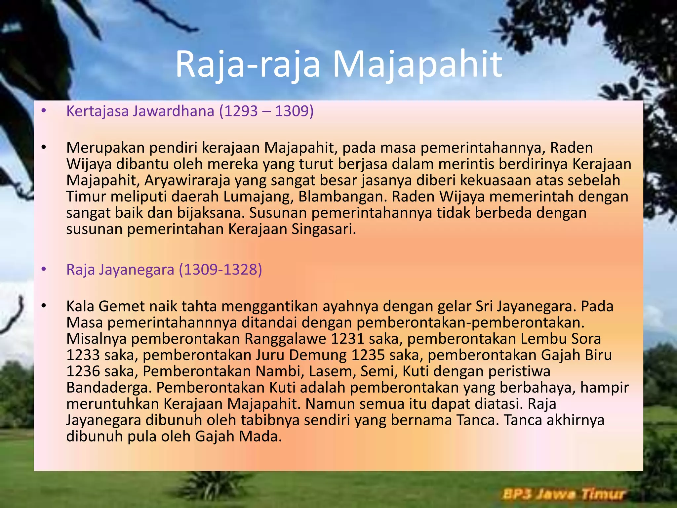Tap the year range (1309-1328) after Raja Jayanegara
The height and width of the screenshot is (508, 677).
[x=220, y=270]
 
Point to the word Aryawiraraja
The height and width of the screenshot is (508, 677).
[x=187, y=181]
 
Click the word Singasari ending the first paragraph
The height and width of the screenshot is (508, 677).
[x=323, y=229]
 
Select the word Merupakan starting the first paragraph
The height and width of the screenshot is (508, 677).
[x=105, y=148]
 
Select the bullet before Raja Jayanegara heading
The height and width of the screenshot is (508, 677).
[x=43, y=270]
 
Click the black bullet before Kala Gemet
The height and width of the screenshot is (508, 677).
[x=43, y=306]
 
